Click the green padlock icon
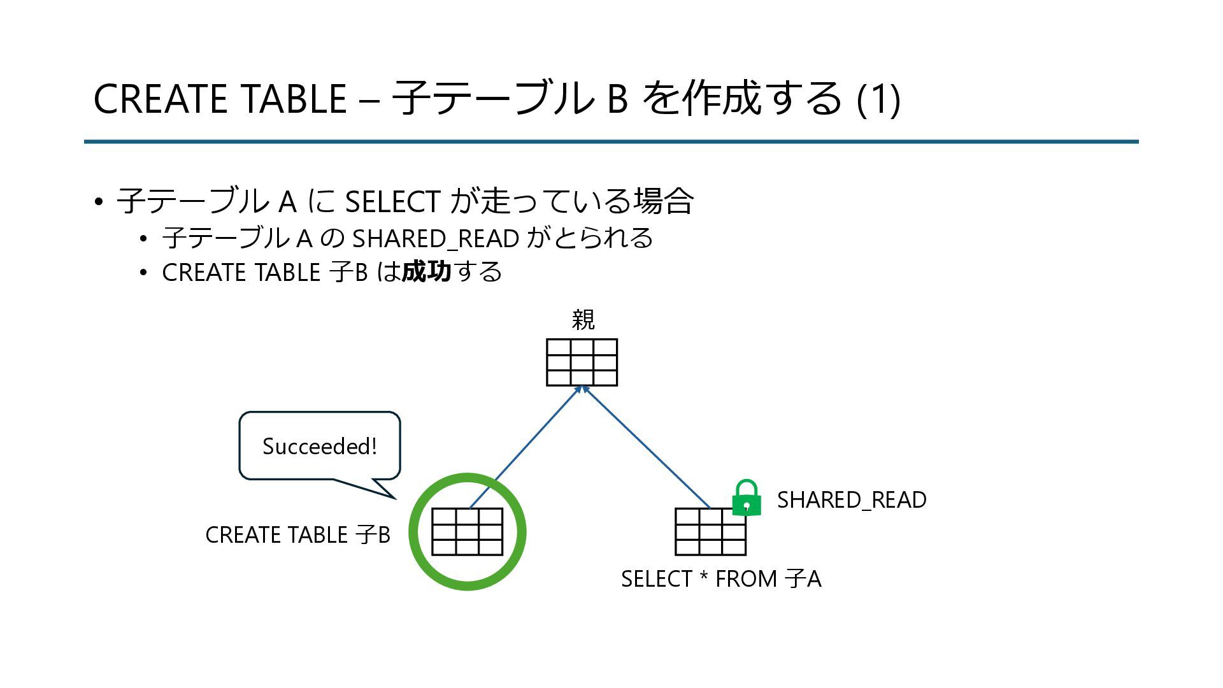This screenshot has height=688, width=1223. pos(747,499)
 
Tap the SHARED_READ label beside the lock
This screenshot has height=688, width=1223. pos(852,500)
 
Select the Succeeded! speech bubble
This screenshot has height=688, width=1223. pos(319,446)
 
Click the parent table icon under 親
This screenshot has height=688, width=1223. pos(582,362)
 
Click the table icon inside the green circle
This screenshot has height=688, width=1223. pos(467,532)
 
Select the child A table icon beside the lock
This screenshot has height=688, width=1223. pos(710,532)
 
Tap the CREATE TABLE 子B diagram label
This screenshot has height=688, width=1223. pos(297,534)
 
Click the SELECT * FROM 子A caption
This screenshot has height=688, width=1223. pos(721,579)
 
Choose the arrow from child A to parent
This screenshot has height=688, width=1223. pos(647,447)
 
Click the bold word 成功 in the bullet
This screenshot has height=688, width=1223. pos(426,272)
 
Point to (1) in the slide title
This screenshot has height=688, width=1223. pos(878,99)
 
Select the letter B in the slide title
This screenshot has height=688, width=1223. pos(617,99)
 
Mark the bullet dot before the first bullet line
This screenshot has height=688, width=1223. pos(98,203)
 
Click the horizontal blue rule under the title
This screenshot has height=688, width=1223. pos(611,141)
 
